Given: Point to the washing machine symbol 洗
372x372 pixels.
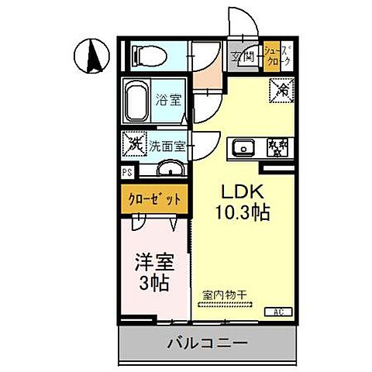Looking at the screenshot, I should pos(133,143).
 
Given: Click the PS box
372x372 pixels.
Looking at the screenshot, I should pos(126,173).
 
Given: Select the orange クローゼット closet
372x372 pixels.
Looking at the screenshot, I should pos(153,198).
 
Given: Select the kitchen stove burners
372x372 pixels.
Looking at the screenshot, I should pos(275,147).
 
